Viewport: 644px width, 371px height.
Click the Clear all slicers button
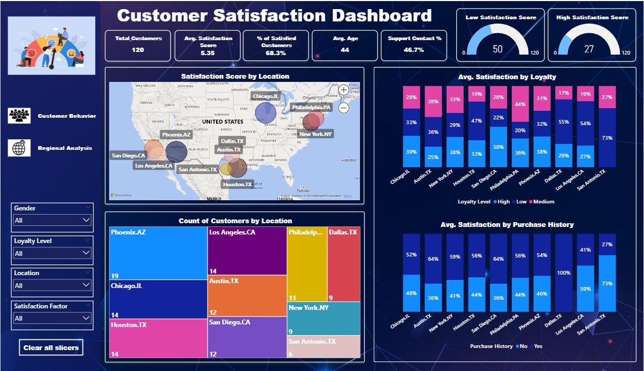(x=51, y=347)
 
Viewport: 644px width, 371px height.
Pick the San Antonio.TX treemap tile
(x=324, y=346)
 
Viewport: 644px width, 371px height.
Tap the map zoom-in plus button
(x=343, y=90)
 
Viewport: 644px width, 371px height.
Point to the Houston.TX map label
(x=237, y=184)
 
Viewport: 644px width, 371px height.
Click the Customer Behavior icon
(x=19, y=116)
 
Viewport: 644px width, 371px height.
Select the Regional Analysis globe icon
(x=19, y=148)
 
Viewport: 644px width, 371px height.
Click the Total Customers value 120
(x=138, y=50)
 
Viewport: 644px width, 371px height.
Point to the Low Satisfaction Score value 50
(x=497, y=49)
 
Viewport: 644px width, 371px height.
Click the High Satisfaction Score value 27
(x=589, y=49)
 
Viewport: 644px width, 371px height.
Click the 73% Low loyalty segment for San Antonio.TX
(x=607, y=138)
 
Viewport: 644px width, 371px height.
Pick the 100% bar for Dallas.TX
(x=563, y=272)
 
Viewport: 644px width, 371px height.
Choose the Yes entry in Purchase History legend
(x=538, y=346)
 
